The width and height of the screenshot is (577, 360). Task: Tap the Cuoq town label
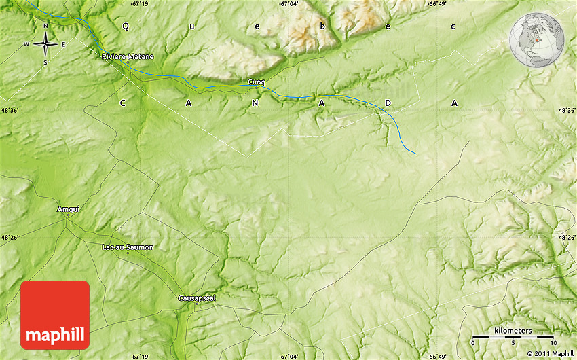pos(257,82)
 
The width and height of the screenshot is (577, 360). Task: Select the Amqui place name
pos(69,209)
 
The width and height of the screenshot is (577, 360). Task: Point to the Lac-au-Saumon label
pos(127,247)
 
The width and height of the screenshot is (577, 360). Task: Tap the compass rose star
pos(45,45)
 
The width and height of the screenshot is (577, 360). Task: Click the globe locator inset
pos(537,40)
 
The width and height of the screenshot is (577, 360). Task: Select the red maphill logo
pos(55,314)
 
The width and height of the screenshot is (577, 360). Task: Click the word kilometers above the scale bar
pos(513,330)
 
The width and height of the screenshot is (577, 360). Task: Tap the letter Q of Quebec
pos(125,26)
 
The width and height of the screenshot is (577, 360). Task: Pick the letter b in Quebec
pos(322,26)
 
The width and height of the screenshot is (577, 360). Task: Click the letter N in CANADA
pos(255,103)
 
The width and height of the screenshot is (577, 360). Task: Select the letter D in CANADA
pos(388,103)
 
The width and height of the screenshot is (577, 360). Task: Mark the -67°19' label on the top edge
pos(141,4)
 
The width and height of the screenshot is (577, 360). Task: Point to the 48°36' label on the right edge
pos(566,110)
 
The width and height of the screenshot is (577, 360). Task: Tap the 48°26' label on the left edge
pos(10,237)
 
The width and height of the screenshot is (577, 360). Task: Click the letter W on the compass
pos(26,45)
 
